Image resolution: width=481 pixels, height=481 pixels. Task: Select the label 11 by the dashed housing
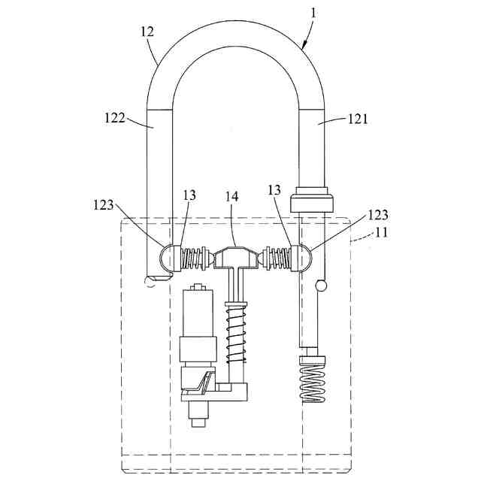pos(383,234)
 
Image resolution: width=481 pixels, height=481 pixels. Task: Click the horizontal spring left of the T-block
pos(197,259)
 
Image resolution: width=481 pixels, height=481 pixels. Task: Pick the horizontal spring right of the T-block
pos(279,258)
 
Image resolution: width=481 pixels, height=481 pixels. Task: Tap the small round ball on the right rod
pos(322,285)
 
